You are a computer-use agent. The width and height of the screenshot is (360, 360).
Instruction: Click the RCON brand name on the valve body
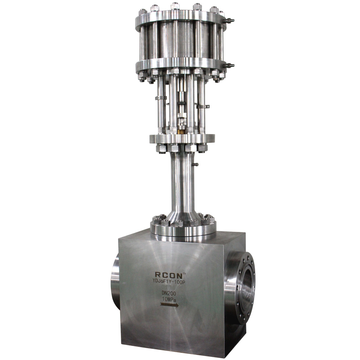pos(169,275)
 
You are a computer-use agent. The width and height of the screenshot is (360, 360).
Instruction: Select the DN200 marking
pos(169,293)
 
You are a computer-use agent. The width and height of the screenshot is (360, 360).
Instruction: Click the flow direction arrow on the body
pos(170,305)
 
